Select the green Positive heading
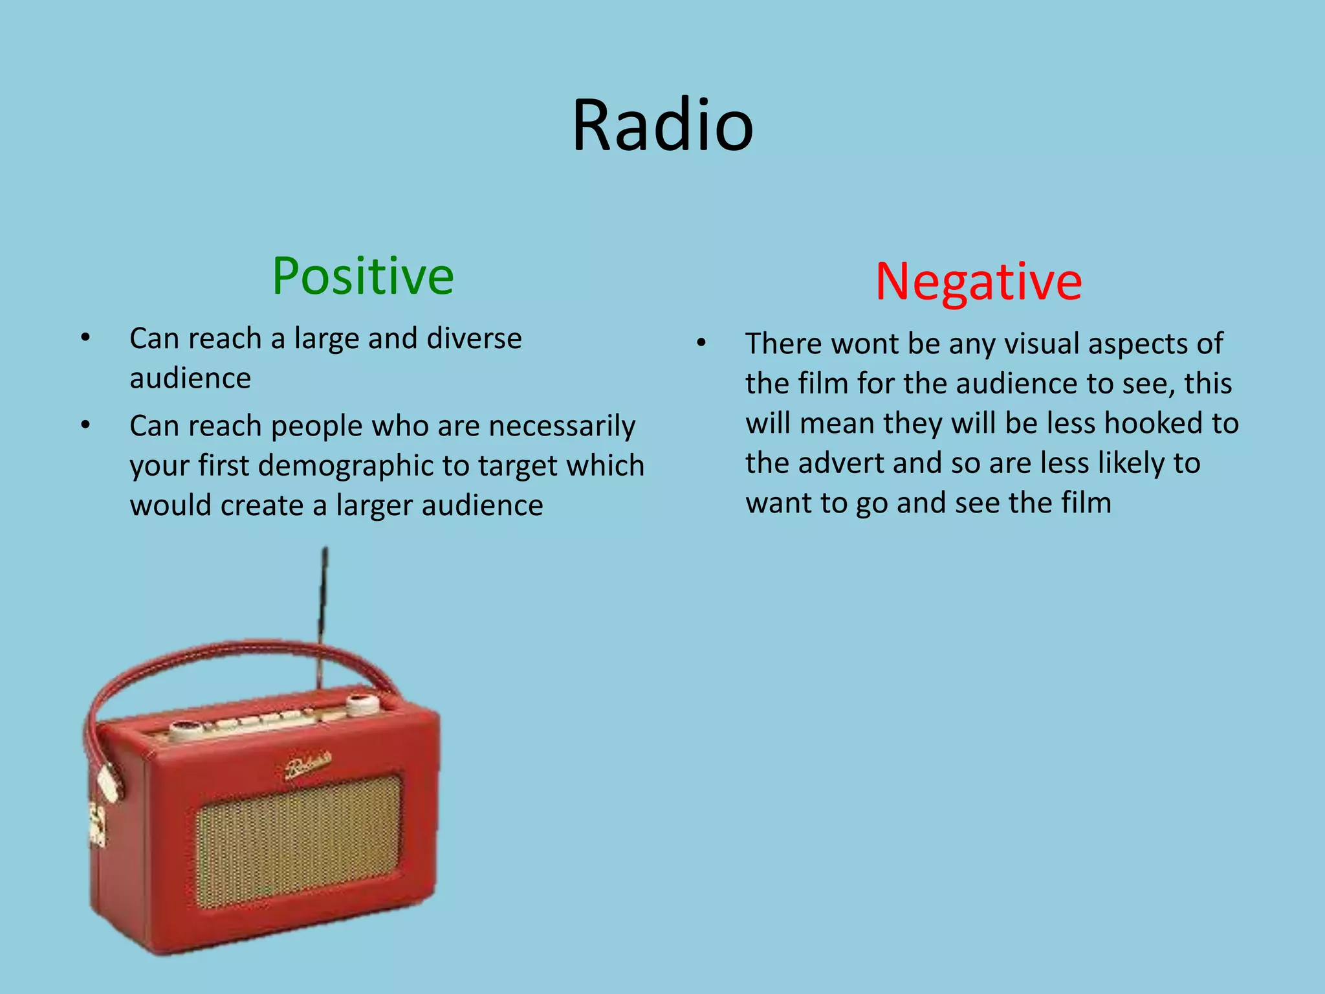click(x=362, y=276)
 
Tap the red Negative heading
click(x=978, y=282)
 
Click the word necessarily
click(x=562, y=426)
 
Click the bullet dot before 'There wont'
click(x=701, y=343)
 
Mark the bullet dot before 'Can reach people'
click(x=85, y=425)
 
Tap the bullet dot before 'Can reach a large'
click(x=85, y=338)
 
